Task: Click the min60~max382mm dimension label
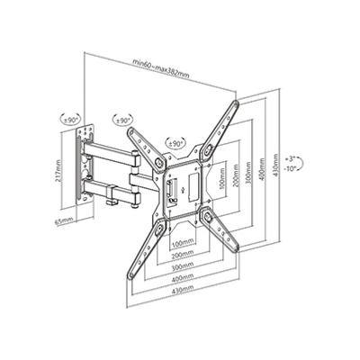(x=161, y=68)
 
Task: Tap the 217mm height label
(x=58, y=171)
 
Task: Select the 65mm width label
(x=64, y=221)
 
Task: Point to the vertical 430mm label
(x=276, y=166)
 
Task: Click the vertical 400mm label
(x=263, y=170)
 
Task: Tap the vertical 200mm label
(x=236, y=175)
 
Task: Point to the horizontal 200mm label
(x=183, y=255)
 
